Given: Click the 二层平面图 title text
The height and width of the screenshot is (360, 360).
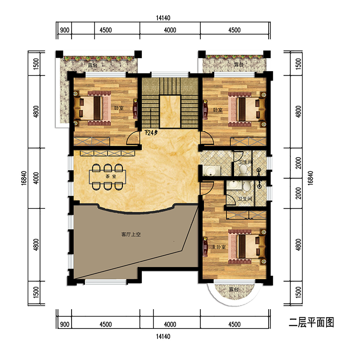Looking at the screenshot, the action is pos(311,323).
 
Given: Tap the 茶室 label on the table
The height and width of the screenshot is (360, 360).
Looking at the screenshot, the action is pos(111,176).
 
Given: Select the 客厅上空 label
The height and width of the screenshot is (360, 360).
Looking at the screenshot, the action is pos(131,234).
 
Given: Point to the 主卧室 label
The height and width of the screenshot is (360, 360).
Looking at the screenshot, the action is pos(219,247).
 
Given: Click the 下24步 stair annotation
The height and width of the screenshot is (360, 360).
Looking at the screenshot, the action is pos(151,132).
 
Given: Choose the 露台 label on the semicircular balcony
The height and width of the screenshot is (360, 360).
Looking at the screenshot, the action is pos(234,289).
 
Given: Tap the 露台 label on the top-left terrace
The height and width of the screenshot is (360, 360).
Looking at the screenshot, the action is pos(93,65).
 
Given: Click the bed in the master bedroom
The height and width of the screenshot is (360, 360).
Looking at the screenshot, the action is pos(247,247).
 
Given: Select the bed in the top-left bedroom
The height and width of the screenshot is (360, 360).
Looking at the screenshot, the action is pos(92,108).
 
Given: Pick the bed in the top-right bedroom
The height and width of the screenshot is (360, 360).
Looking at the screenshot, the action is pos(247,109).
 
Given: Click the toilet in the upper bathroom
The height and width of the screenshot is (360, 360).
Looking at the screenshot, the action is pos(243,171).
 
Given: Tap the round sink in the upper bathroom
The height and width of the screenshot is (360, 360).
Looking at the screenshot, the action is pos(210,171).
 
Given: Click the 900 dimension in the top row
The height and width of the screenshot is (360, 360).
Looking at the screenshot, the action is pos(64,30).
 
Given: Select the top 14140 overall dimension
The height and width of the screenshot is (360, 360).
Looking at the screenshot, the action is pos(163,18).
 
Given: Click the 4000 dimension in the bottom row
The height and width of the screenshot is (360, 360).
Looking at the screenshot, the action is pos(170,324).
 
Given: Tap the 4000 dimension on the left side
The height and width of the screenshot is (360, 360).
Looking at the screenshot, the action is pos(36,178).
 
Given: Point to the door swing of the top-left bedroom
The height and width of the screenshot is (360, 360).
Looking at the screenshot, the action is pos(133,138).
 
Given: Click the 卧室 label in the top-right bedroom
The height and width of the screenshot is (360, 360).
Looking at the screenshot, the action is pos(218,110).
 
